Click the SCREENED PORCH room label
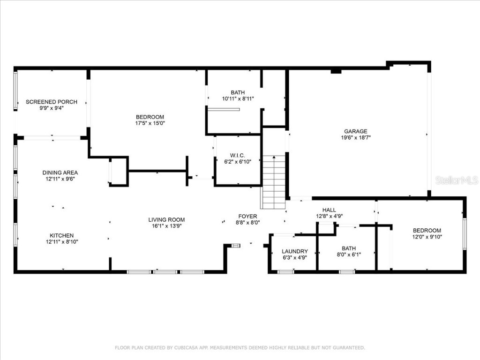click(51, 102)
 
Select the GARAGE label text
click(355, 131)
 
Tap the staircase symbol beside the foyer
click(273, 182)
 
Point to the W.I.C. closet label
click(238, 155)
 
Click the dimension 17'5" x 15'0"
click(150, 123)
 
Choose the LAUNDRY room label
click(295, 251)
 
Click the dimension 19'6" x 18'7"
click(355, 138)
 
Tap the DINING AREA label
click(60, 172)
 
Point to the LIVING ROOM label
click(166, 219)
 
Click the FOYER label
click(247, 217)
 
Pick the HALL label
click(329, 210)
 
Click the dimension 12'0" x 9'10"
click(427, 237)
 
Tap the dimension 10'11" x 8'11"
click(238, 99)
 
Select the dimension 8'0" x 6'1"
click(348, 255)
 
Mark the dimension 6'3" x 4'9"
click(295, 257)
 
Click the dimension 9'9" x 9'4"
click(51, 108)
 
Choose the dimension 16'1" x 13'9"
click(166, 225)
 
